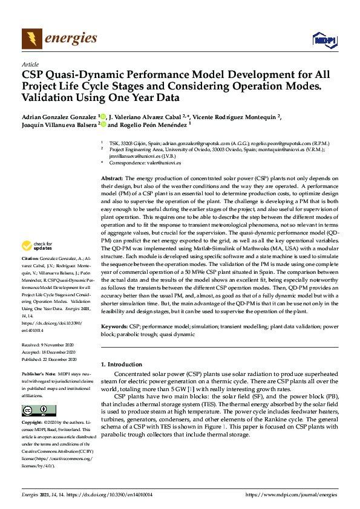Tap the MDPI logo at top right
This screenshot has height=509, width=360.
coord(324,40)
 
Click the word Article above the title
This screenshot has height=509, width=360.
coord(30,64)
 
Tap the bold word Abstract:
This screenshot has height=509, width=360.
coord(112,180)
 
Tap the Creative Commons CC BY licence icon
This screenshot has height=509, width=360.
coord(34,410)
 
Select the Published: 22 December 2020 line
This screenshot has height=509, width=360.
coord(48,358)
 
